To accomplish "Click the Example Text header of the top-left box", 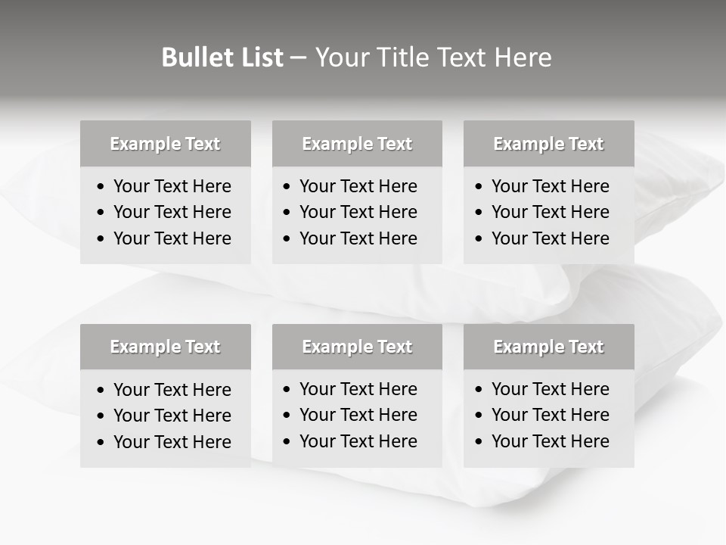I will tap(165, 144).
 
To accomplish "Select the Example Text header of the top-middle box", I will tap(357, 144).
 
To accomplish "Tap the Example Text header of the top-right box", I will tap(548, 144).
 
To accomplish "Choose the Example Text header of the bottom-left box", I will tap(165, 347).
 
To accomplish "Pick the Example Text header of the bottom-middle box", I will tap(357, 347).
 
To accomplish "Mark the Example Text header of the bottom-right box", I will tap(548, 347).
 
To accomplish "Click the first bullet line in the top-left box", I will tap(172, 186).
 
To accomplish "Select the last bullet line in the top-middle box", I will tap(358, 238).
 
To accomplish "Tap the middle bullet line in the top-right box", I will tap(551, 212).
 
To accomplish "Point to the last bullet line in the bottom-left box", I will tap(172, 442).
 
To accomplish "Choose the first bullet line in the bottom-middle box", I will tap(358, 389).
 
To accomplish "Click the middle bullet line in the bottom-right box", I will tap(551, 415).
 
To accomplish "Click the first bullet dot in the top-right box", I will tap(479, 187).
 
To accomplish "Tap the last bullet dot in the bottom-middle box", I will tap(287, 442).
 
